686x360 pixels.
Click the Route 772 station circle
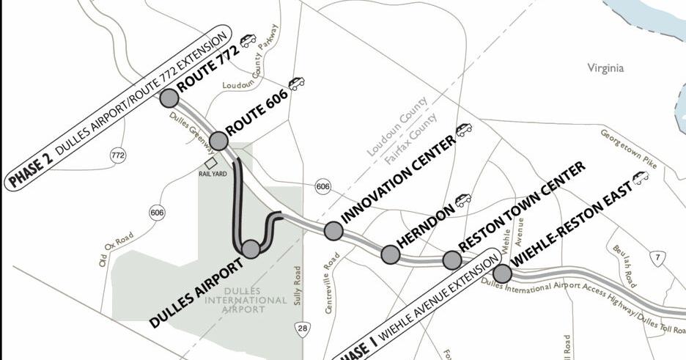(169, 98)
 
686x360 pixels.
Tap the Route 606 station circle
(218, 141)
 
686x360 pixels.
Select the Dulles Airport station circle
(251, 249)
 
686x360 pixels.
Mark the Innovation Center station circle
(333, 231)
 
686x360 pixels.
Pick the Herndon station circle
(391, 254)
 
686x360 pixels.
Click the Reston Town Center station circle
(452, 260)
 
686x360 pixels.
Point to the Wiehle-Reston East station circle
(502, 273)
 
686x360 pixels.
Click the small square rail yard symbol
(211, 163)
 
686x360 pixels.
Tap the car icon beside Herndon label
(462, 199)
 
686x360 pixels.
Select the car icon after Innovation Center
(464, 130)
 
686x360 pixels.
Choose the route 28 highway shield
(303, 328)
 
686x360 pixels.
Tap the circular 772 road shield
(117, 155)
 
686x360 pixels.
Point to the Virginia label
(605, 68)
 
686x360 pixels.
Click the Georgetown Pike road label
(629, 150)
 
